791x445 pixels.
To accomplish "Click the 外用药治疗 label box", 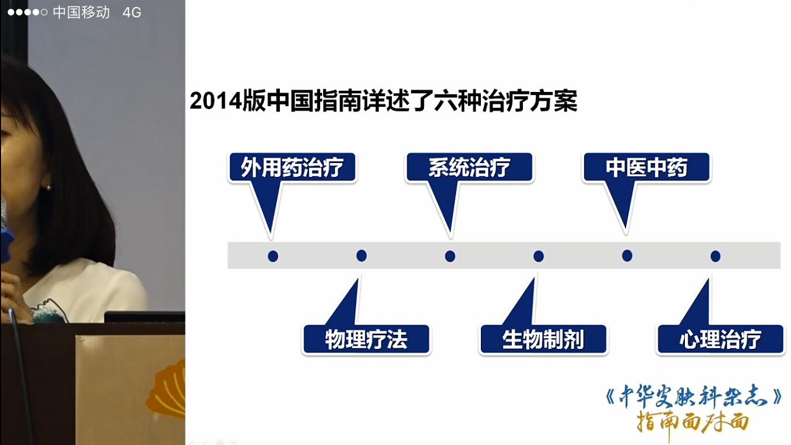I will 292,168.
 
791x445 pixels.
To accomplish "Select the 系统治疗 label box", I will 469,168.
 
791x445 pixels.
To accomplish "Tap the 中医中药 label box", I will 646,168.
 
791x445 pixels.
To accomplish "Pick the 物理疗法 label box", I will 366,340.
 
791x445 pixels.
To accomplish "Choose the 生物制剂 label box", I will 543,340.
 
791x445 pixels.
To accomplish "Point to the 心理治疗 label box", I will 720,340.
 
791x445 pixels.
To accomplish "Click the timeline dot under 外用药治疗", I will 273,256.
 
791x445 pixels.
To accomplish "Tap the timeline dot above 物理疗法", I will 362,256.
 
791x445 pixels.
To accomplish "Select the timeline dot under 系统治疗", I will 450,256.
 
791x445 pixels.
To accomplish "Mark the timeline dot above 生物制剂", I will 538,256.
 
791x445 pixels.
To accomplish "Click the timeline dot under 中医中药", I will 627,256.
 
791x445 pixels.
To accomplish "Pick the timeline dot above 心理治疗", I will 716,256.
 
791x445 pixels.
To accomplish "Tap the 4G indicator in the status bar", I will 132,12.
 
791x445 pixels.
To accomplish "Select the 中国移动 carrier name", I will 81,12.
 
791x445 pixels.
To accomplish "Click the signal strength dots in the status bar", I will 27,12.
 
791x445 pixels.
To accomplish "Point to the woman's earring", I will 48,187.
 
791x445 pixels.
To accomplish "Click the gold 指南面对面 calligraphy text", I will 693,422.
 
